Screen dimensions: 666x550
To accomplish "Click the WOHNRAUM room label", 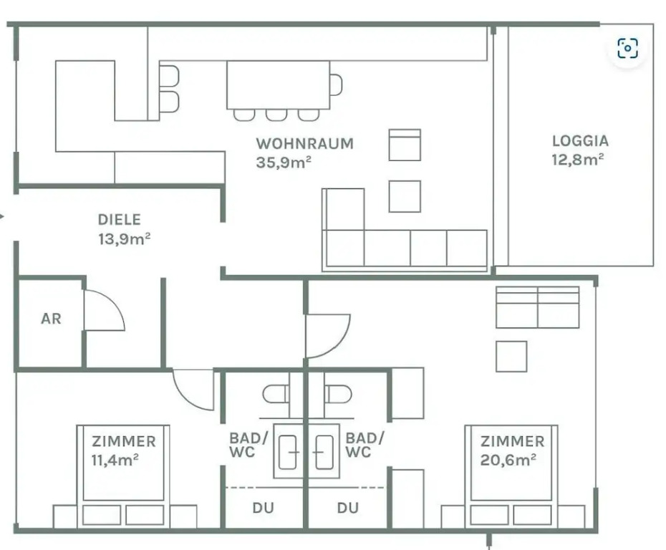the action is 304,143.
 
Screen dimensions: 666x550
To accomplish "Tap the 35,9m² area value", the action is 284,163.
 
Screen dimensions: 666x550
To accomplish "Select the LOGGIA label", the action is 580,141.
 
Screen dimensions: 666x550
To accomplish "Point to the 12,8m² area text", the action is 578,160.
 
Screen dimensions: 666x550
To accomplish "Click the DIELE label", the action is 120,220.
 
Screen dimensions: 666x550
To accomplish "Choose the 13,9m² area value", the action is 125,238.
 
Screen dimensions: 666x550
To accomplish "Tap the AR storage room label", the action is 51,319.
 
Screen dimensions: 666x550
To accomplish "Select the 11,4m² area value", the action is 115,460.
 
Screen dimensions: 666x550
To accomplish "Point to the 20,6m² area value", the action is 508,460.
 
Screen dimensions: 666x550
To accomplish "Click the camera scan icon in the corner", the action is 628,48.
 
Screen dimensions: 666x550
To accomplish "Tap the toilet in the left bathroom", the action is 276,395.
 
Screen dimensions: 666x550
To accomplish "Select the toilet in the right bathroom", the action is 338,395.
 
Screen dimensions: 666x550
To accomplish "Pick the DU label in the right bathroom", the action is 348,508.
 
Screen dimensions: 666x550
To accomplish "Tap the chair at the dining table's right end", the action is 336,85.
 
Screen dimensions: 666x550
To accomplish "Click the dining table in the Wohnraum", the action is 278,85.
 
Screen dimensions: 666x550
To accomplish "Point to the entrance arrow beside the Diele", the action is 2,216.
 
